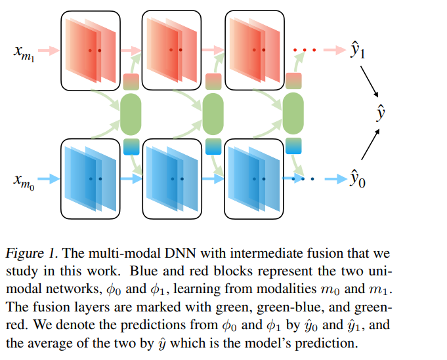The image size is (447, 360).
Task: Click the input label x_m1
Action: point(24,53)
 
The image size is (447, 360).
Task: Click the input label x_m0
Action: point(24,182)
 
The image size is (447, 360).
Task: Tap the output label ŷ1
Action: point(358,50)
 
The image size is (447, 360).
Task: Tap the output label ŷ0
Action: point(358,178)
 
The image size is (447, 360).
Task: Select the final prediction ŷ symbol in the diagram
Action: point(381,113)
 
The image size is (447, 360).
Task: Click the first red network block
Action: point(91,50)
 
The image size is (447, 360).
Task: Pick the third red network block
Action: point(255,50)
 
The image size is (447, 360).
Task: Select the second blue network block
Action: point(172,179)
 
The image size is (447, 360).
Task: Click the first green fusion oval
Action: point(131,114)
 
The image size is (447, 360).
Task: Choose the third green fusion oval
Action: point(293,113)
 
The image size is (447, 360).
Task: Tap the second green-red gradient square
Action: point(213,81)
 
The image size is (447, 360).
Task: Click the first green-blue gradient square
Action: point(131,147)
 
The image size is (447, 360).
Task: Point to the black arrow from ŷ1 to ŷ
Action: point(370,81)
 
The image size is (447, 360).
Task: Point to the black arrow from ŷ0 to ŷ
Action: point(371,144)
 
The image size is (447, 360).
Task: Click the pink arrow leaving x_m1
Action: point(49,50)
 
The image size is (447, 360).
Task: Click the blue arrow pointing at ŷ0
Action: point(336,179)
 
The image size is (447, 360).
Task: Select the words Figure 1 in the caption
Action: point(32,253)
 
